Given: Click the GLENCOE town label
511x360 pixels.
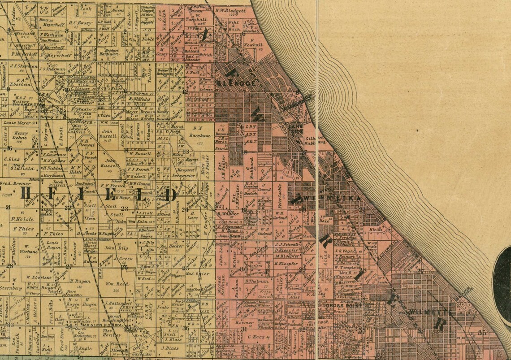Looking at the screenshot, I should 230,83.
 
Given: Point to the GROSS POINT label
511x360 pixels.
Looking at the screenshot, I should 337,306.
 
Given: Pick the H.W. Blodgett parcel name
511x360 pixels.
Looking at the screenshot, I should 230,10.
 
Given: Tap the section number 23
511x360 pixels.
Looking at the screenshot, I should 124,209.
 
